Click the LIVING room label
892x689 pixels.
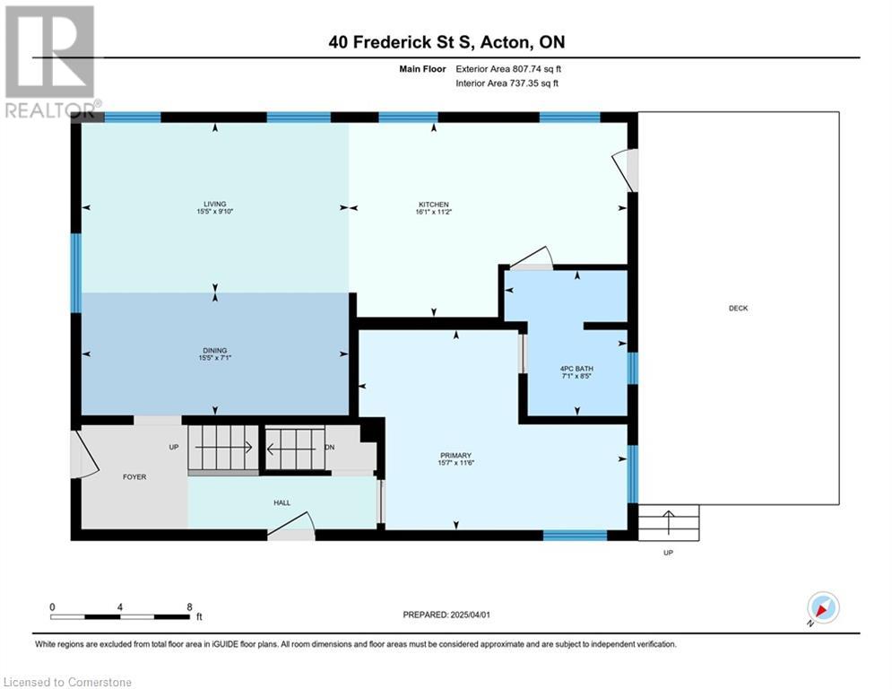215,204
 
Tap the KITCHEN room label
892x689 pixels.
434,205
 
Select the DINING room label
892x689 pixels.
215,351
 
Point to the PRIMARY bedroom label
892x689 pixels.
455,456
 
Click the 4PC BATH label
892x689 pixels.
576,369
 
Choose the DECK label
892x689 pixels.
739,308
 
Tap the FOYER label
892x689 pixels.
134,477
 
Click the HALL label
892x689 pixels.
282,502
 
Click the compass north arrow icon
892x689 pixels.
823,608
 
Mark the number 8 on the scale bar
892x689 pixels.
189,607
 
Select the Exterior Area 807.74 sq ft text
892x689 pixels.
508,69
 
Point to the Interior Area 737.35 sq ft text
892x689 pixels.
507,83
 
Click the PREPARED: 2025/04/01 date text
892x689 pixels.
446,615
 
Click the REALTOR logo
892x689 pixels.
51,62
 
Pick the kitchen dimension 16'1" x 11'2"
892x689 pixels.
434,212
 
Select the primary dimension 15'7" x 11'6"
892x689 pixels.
455,463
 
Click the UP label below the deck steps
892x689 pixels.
669,553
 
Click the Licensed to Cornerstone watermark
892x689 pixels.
68,682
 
